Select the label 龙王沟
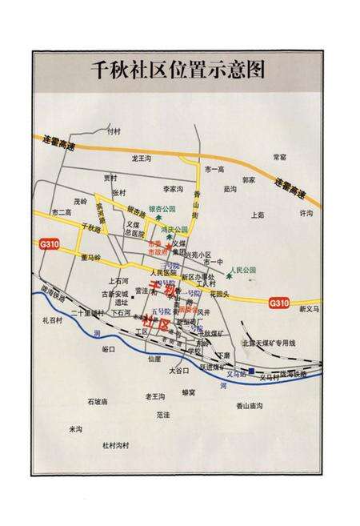142,159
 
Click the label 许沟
306,214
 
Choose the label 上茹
257,215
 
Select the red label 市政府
158,251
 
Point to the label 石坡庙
98,401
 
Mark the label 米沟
75,428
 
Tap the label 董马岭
91,258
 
